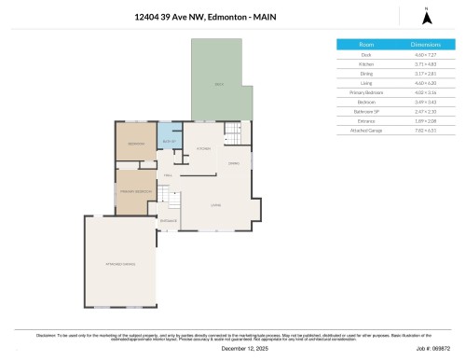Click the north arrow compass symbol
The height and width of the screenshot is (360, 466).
click(426, 16)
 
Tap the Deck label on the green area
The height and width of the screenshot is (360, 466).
click(220, 85)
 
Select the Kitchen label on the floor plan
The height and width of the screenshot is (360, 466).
click(203, 149)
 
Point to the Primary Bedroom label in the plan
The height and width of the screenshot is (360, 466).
click(135, 191)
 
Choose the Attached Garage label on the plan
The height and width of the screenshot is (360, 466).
click(122, 265)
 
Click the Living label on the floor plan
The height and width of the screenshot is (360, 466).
click(215, 205)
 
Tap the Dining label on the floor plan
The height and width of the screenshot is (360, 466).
click(234, 163)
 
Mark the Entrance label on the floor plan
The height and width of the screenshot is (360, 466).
click(169, 220)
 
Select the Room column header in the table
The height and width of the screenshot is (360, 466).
click(366, 45)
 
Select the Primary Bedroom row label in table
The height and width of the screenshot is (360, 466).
click(366, 93)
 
